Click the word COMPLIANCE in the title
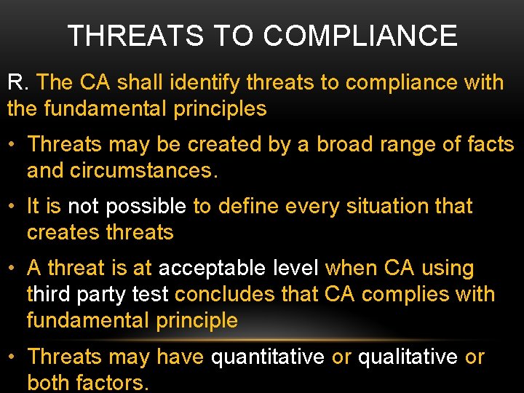(360, 36)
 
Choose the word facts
(487, 144)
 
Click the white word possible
(146, 206)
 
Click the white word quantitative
(268, 357)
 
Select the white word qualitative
(408, 357)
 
